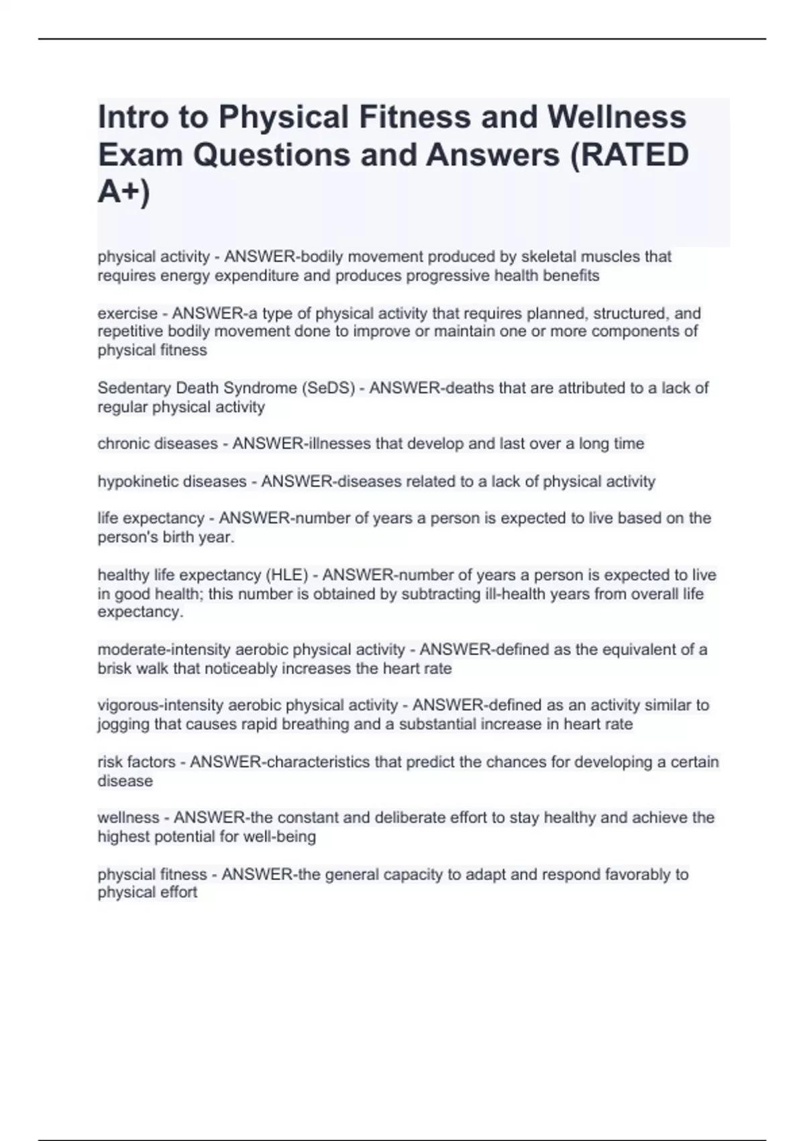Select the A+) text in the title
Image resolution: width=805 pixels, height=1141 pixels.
pos(124,192)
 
